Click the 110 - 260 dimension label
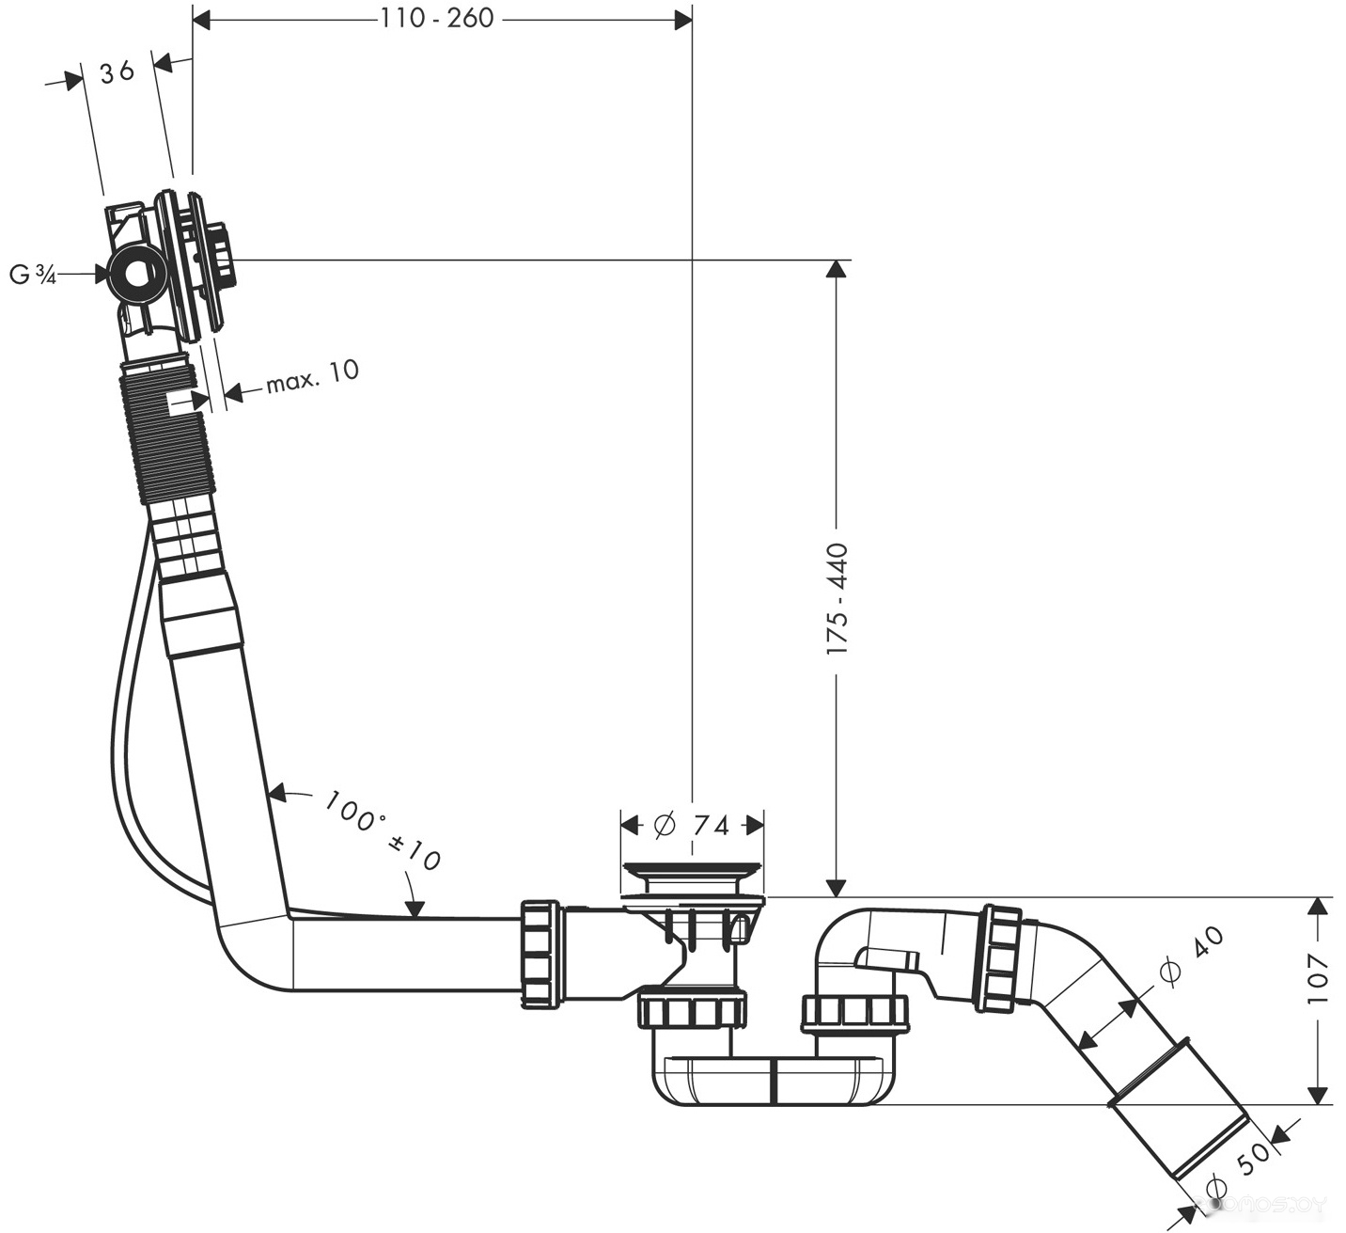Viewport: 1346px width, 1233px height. tap(437, 18)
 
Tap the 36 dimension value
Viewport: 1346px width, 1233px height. tap(117, 71)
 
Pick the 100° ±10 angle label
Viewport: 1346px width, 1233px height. tap(382, 830)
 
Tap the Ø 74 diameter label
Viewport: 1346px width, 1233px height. tap(692, 826)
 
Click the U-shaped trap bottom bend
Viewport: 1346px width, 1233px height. tap(771, 1081)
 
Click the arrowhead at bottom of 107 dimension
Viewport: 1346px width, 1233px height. tap(1318, 1095)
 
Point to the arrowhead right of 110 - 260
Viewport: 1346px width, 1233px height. tap(682, 20)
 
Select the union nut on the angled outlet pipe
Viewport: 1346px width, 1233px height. tap(1001, 959)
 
